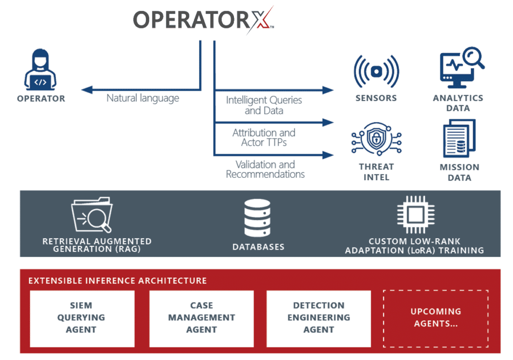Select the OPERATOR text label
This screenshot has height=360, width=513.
41,99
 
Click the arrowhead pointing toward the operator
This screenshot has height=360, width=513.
86,90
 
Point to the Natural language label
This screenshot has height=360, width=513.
143,98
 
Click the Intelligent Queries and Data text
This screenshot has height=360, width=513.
264,105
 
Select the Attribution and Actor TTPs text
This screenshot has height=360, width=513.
264,137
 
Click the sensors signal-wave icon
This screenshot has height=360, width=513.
376,72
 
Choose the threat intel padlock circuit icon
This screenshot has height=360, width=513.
375,141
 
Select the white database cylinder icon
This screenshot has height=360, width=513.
258,218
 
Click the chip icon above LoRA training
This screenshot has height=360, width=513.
414,215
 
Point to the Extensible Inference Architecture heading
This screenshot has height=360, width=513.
117,280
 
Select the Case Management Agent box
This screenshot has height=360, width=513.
201,318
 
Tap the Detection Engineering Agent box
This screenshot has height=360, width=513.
319,318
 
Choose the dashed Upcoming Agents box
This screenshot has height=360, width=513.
435,318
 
